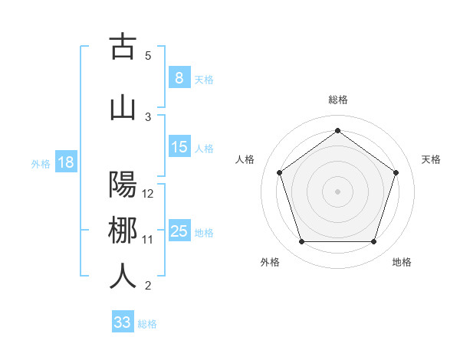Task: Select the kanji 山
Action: pyautogui.click(x=123, y=108)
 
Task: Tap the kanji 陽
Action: pyautogui.click(x=123, y=186)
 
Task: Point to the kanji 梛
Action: pyautogui.click(x=123, y=231)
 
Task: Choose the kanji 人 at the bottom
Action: pyautogui.click(x=123, y=276)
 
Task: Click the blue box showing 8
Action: pyautogui.click(x=179, y=78)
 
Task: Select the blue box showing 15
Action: pyautogui.click(x=179, y=148)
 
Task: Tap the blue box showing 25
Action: pyautogui.click(x=179, y=231)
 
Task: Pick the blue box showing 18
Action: pyautogui.click(x=65, y=162)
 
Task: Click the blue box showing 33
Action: pyautogui.click(x=122, y=322)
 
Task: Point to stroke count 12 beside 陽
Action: pyautogui.click(x=149, y=194)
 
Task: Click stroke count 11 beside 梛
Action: pyautogui.click(x=148, y=240)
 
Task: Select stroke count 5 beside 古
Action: pyautogui.click(x=148, y=55)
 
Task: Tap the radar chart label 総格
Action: pyautogui.click(x=337, y=100)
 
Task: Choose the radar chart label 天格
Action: pyautogui.click(x=432, y=159)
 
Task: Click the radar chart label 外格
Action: pyautogui.click(x=270, y=262)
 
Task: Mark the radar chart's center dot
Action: pyautogui.click(x=337, y=191)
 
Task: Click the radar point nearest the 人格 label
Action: pyautogui.click(x=279, y=172)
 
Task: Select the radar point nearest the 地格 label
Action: pyautogui.click(x=373, y=242)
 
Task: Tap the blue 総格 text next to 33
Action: pyautogui.click(x=147, y=324)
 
